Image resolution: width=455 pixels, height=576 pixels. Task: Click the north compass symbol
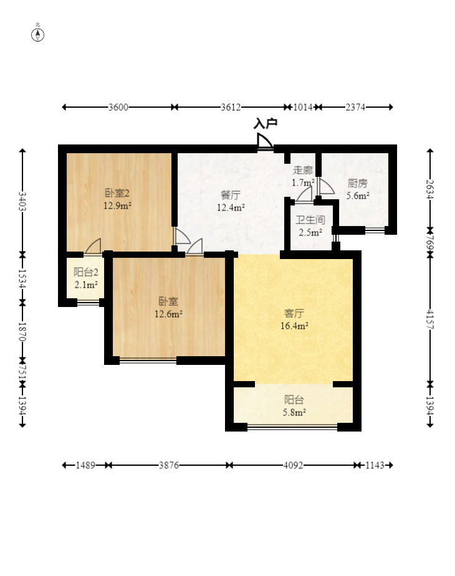click(37, 35)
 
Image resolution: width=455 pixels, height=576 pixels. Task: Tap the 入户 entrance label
click(265, 124)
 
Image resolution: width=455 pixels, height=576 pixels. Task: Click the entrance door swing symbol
click(265, 141)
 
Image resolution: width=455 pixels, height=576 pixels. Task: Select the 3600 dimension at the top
click(118, 107)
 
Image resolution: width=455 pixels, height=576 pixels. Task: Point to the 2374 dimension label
click(355, 107)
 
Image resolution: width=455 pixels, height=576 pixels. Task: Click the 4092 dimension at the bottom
click(293, 465)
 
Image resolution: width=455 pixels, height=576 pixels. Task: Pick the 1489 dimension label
click(85, 465)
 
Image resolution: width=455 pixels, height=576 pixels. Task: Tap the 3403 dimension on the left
click(22, 201)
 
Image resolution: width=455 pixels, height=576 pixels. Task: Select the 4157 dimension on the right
click(430, 319)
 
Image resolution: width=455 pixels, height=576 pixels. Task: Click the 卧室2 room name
click(117, 193)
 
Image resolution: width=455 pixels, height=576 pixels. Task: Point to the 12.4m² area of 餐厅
click(231, 207)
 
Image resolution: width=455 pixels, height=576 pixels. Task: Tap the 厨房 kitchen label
click(358, 183)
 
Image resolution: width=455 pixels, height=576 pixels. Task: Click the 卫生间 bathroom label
click(310, 220)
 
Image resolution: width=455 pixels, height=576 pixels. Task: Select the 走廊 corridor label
click(303, 170)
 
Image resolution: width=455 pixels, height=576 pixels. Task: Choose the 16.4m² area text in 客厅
click(294, 326)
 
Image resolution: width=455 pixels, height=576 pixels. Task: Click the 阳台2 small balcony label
click(86, 272)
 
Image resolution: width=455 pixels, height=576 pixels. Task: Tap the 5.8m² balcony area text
click(294, 412)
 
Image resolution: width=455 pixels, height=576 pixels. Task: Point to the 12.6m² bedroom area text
click(168, 314)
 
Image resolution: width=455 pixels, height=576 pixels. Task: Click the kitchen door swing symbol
click(327, 186)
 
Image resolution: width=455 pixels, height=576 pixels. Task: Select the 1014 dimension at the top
click(303, 107)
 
